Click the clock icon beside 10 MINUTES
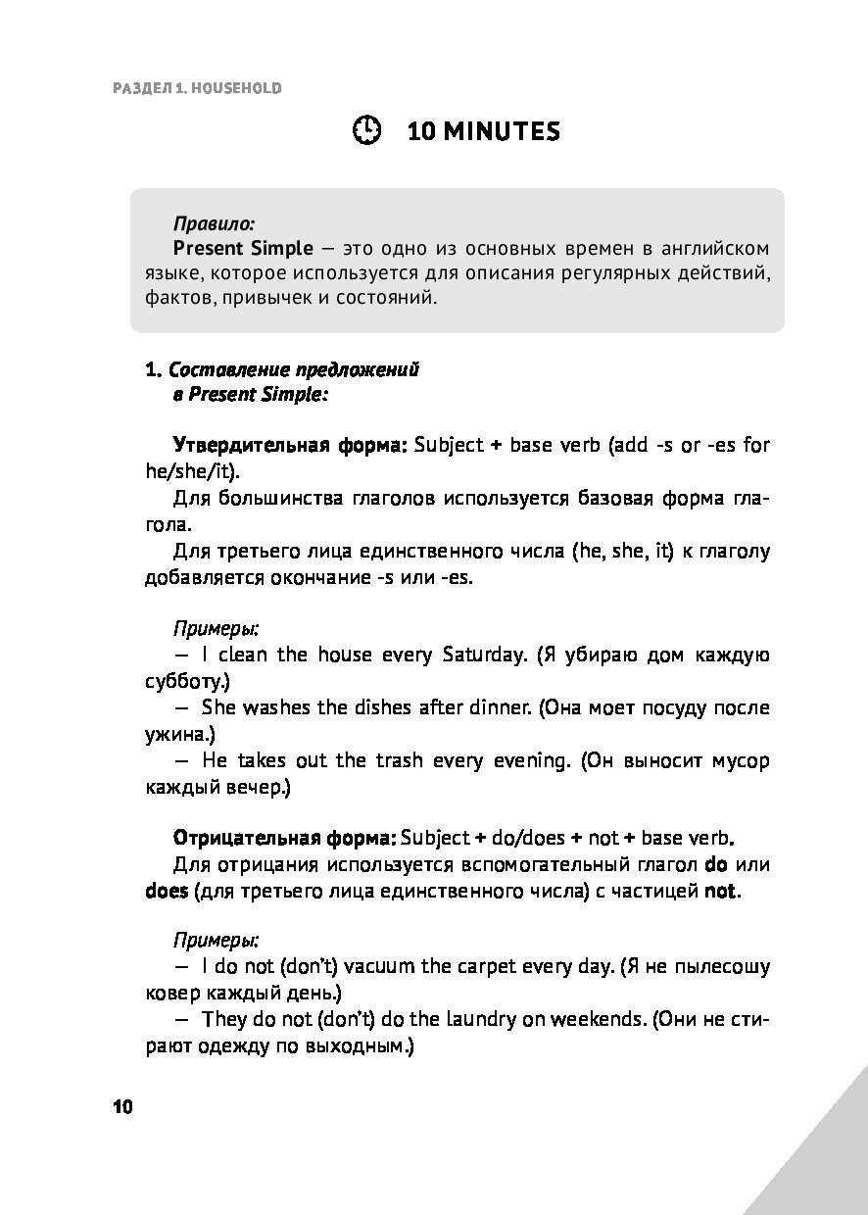click(x=366, y=131)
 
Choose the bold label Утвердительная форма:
click(x=289, y=445)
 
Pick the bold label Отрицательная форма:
click(x=284, y=838)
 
